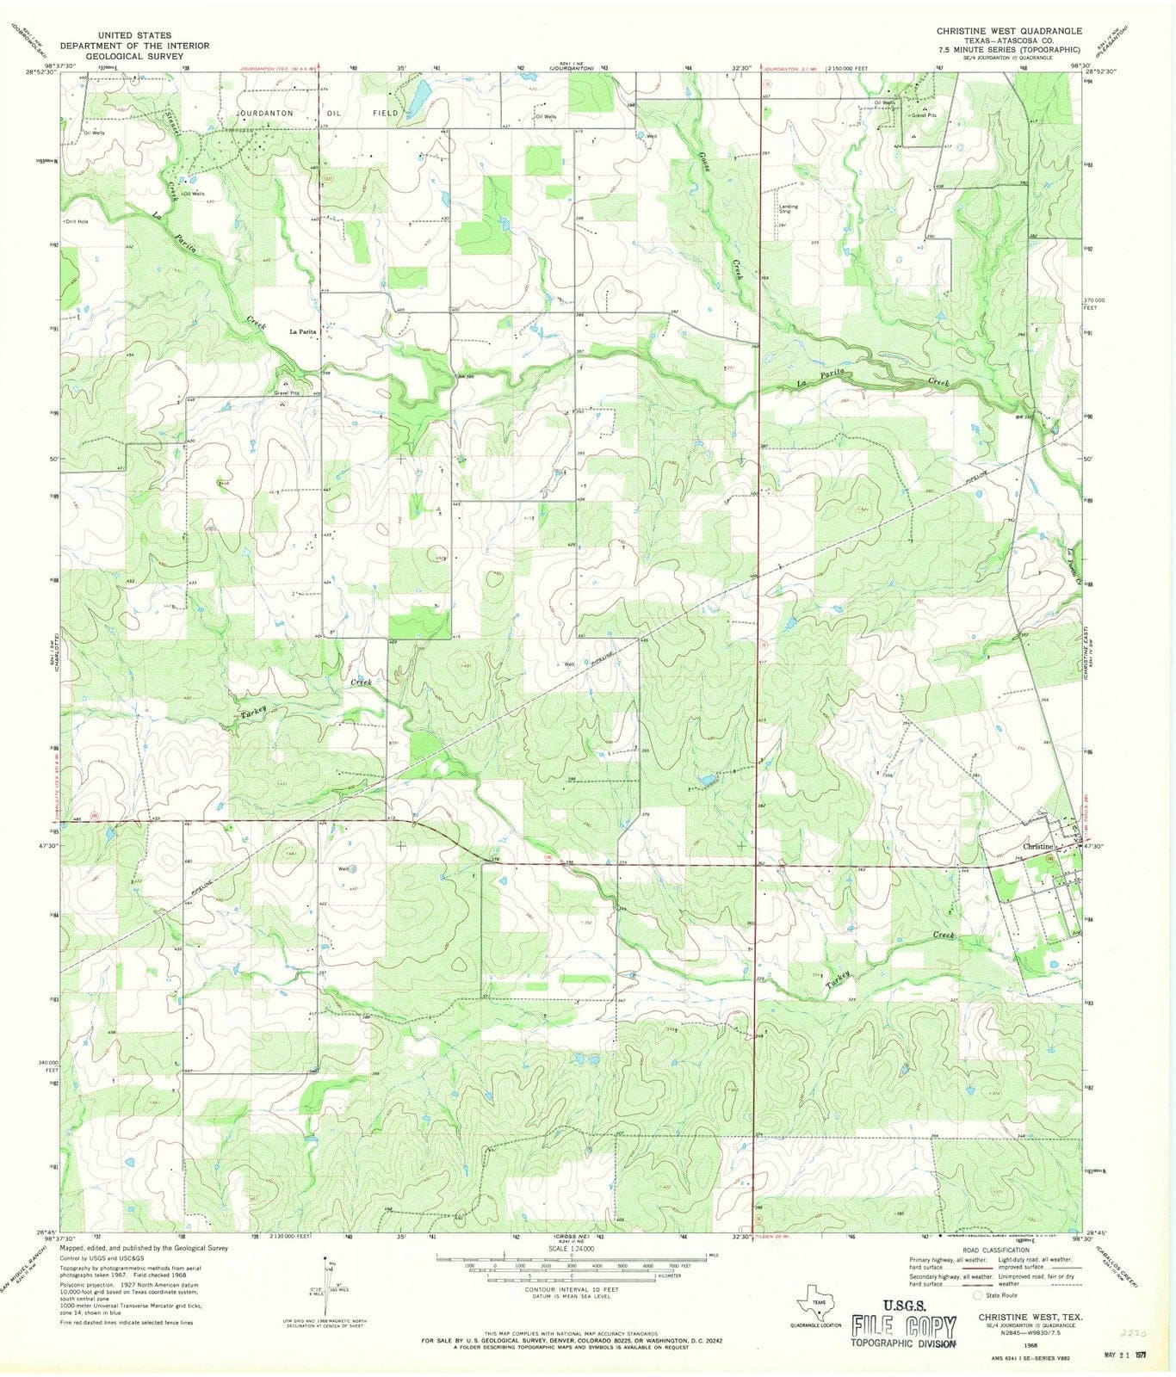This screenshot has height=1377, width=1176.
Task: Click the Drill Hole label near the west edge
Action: [x=77, y=221]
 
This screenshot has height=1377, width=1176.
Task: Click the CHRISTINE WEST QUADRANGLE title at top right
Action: [x=1009, y=30]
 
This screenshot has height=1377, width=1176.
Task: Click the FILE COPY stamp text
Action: [x=903, y=1325]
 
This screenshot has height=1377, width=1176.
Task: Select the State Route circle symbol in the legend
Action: [x=977, y=1294]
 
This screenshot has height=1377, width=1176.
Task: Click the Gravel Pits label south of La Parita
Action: [x=287, y=393]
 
